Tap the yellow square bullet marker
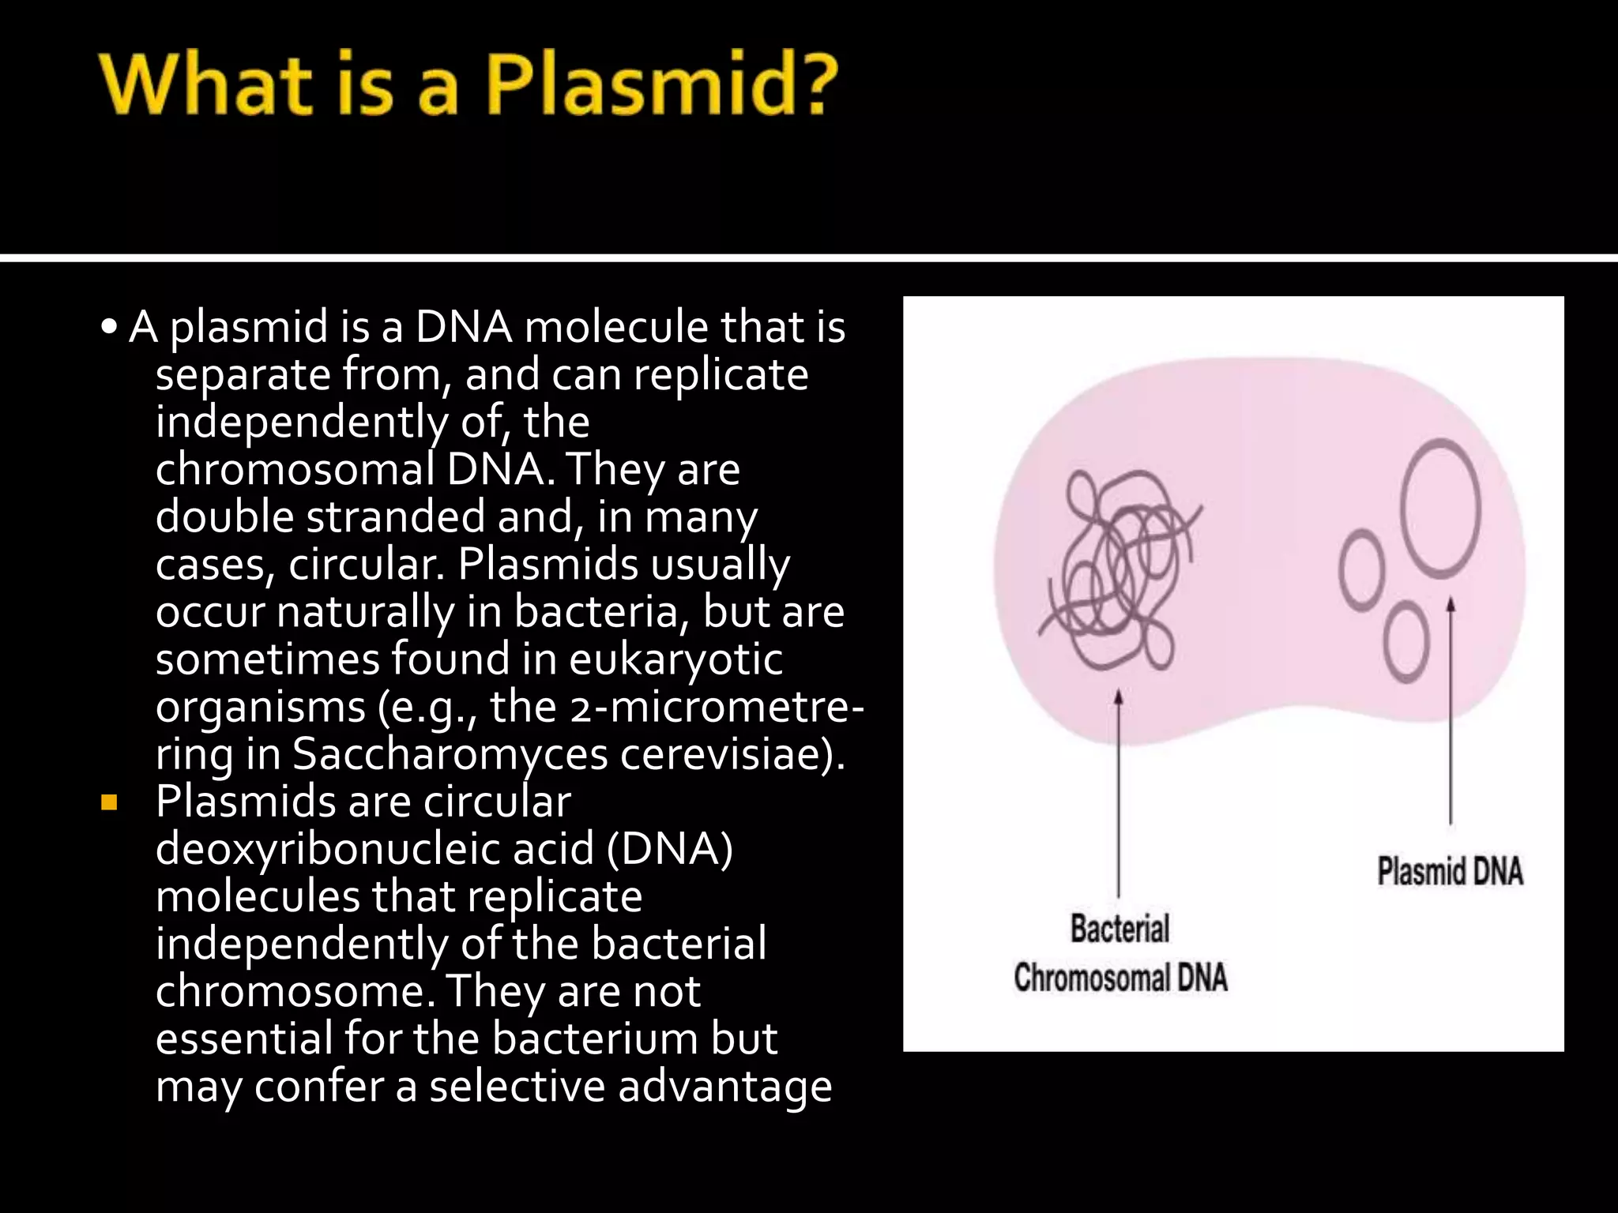coord(109,805)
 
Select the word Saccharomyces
coord(450,754)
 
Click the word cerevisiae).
coord(732,754)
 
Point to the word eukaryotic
coord(675,659)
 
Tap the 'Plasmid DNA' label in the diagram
coord(1450,872)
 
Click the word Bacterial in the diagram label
coord(1119,929)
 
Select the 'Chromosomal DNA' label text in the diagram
coord(1120,978)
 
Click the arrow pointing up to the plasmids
coord(1451,711)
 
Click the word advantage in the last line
coord(724,1087)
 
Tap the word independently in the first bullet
coord(300,422)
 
